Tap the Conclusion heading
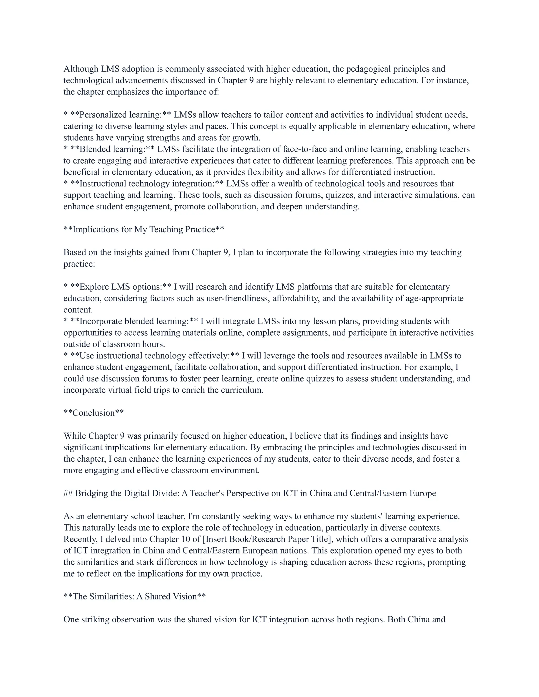click(93, 413)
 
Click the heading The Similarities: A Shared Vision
click(134, 597)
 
